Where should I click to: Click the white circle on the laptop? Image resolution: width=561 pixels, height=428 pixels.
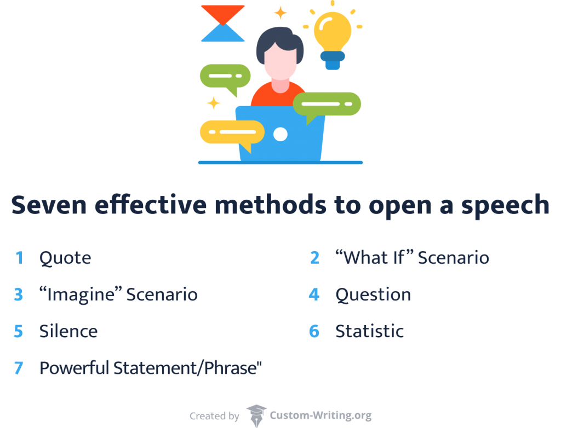tap(280, 134)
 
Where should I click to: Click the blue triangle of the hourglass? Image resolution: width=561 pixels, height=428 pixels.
tap(222, 34)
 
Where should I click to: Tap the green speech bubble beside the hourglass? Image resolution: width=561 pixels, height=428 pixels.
tap(225, 76)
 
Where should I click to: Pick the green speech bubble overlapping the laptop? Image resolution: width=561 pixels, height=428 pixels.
tap(327, 104)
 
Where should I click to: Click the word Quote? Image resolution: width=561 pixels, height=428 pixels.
tap(65, 258)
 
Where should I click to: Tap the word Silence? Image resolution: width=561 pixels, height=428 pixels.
tap(68, 331)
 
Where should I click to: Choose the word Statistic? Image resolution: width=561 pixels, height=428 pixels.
tap(369, 331)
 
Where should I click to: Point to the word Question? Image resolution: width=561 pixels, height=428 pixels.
tap(373, 294)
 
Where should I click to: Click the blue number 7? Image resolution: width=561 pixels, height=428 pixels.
tap(19, 368)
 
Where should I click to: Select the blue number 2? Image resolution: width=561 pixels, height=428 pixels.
tap(314, 258)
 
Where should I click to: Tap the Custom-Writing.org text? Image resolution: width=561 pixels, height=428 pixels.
tap(320, 416)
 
